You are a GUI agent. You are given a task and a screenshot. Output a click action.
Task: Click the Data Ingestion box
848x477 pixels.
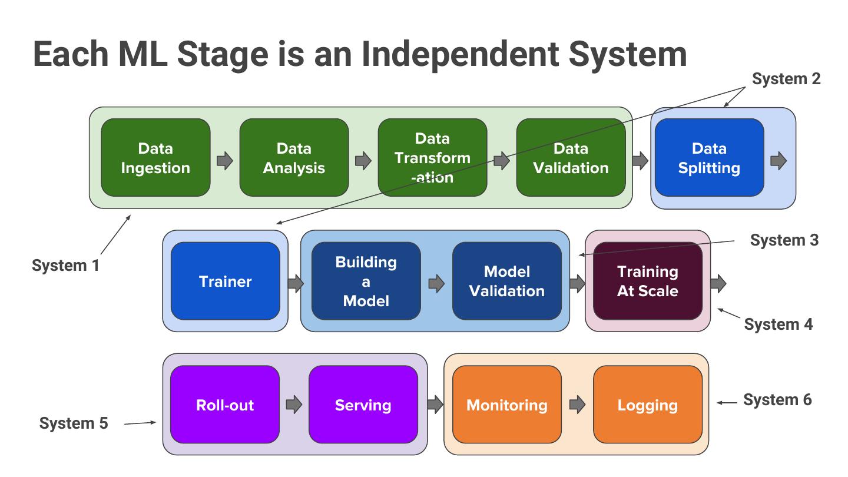tap(155, 158)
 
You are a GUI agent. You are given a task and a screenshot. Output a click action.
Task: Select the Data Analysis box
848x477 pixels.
tap(294, 158)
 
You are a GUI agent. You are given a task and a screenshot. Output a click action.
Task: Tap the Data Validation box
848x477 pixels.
tap(571, 158)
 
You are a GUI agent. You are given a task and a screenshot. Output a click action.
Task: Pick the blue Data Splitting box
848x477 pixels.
tap(709, 158)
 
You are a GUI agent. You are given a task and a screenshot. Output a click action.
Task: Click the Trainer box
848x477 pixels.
tap(225, 281)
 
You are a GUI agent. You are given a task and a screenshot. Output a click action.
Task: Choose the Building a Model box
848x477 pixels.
tap(366, 281)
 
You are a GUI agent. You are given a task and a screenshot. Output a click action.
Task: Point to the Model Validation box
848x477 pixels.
tap(506, 281)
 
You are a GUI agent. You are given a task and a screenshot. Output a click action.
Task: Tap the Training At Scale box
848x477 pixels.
tap(647, 281)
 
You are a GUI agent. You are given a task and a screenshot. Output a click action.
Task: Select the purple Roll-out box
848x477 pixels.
tap(224, 405)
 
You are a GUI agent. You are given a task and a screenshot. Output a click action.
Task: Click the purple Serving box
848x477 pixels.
tap(363, 405)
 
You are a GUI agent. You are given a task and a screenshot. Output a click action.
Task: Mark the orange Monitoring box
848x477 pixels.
tap(506, 405)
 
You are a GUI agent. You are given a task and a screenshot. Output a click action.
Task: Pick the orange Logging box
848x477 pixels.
tap(647, 405)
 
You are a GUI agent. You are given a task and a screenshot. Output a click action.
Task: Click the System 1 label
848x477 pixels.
tap(65, 266)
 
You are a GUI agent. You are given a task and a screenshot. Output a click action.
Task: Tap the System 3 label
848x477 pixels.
tap(784, 240)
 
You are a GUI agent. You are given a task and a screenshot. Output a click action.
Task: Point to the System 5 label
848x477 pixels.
tap(74, 423)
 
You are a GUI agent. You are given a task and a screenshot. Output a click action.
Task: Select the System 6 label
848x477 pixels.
tap(777, 400)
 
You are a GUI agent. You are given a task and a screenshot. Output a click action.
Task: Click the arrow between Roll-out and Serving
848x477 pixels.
tap(293, 405)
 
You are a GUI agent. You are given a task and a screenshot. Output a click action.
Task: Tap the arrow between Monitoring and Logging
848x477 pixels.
tap(577, 405)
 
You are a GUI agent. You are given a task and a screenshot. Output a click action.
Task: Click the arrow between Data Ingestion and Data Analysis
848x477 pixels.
tap(225, 161)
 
